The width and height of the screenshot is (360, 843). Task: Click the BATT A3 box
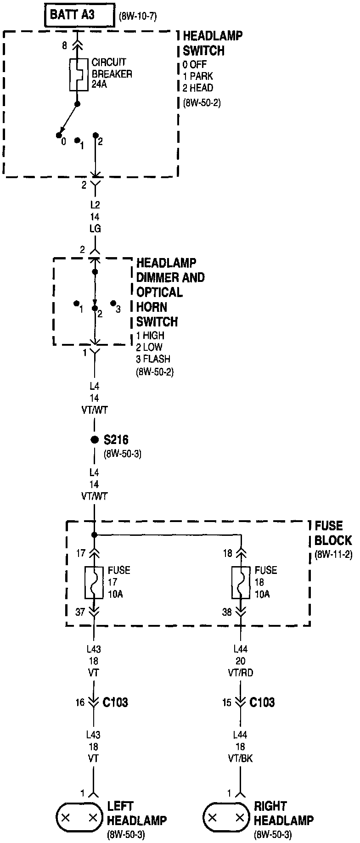tap(79, 16)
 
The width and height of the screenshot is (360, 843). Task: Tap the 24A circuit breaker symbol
tap(79, 74)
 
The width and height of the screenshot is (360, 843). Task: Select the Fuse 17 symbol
tap(94, 582)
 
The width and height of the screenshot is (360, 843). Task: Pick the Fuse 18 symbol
tap(241, 582)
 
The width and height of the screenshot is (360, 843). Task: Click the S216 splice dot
tap(95, 440)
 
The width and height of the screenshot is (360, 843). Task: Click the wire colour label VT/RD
tap(241, 673)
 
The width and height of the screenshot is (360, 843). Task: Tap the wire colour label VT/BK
tap(241, 759)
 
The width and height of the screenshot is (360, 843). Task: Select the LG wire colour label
tap(95, 229)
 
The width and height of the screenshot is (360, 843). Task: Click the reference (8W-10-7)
tap(138, 17)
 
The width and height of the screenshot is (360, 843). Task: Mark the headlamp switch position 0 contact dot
tap(59, 135)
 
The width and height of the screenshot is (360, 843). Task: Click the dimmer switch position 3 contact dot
tap(113, 303)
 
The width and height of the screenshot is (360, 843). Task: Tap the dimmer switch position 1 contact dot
tap(76, 303)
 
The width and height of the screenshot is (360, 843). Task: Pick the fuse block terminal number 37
tap(80, 612)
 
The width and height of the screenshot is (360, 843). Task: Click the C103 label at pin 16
tap(115, 702)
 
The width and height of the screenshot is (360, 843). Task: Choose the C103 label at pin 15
tap(262, 702)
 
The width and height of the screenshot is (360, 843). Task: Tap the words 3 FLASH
tap(153, 359)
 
